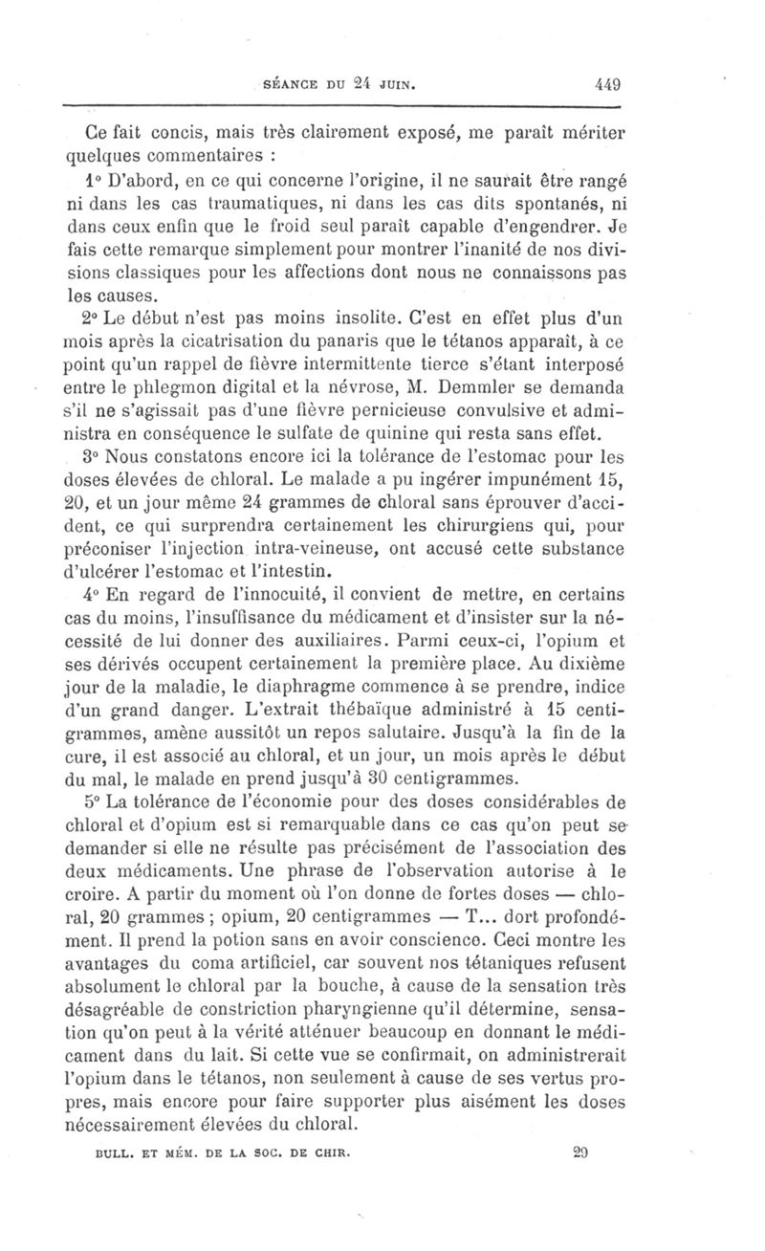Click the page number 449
pos(606,83)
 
